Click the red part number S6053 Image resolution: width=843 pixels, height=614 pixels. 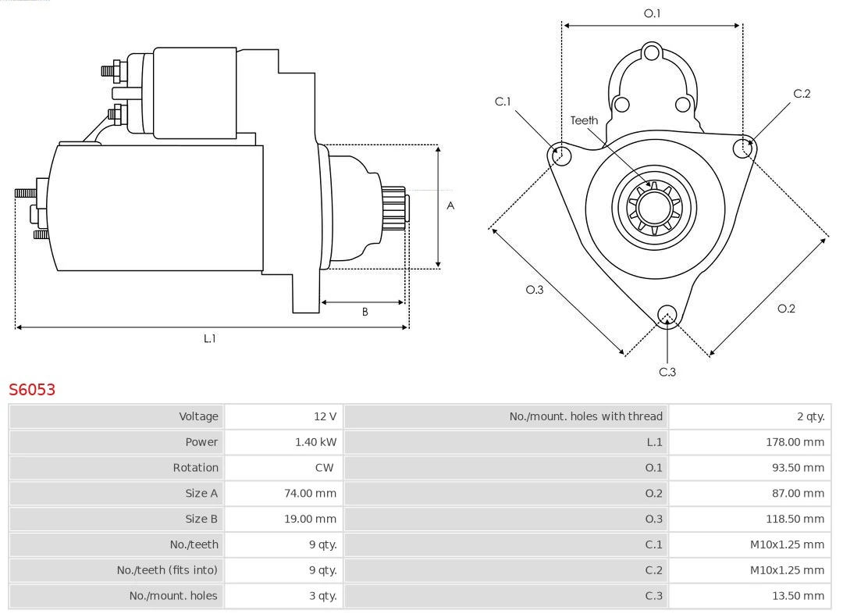tap(32, 389)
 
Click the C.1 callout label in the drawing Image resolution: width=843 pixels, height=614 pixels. tap(503, 102)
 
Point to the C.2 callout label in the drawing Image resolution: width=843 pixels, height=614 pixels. tap(802, 94)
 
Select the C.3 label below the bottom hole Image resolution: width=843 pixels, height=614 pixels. tap(667, 372)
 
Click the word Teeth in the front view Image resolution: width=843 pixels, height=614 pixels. tap(584, 120)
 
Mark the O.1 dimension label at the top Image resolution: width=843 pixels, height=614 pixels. tap(652, 13)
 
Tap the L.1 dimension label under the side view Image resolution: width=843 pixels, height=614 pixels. tap(209, 338)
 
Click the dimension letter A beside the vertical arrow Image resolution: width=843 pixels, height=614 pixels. tap(450, 206)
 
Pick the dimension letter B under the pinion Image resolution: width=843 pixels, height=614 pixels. tap(365, 312)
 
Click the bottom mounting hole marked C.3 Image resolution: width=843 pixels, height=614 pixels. tap(667, 315)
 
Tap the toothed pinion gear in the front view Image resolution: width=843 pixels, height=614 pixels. tap(655, 209)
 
